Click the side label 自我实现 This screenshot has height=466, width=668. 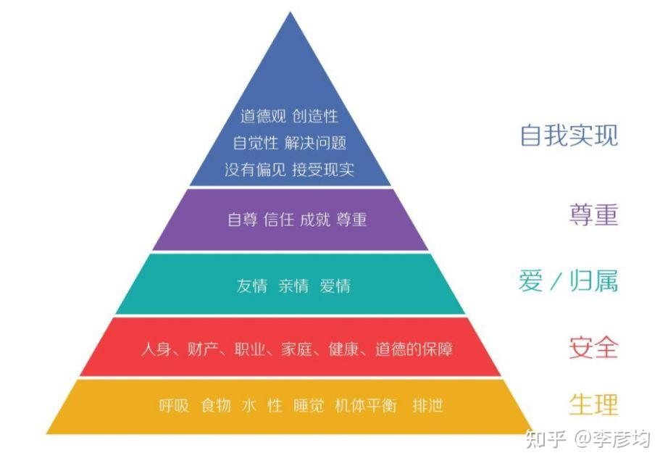tap(569, 135)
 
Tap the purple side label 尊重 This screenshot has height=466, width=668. tap(593, 215)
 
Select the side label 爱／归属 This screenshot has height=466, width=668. tap(568, 280)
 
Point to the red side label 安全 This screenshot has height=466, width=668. tap(593, 347)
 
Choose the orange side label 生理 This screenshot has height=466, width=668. tap(593, 404)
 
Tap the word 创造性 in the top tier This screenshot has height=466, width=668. tap(316, 116)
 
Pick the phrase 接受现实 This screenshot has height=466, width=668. tap(323, 170)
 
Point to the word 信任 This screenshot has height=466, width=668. tap(279, 220)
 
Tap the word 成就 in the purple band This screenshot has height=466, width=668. tap(314, 220)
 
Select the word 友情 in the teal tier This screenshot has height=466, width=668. tap(251, 286)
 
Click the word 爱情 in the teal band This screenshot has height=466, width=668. tap(335, 286)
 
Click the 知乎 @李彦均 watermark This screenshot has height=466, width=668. tap(588, 439)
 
